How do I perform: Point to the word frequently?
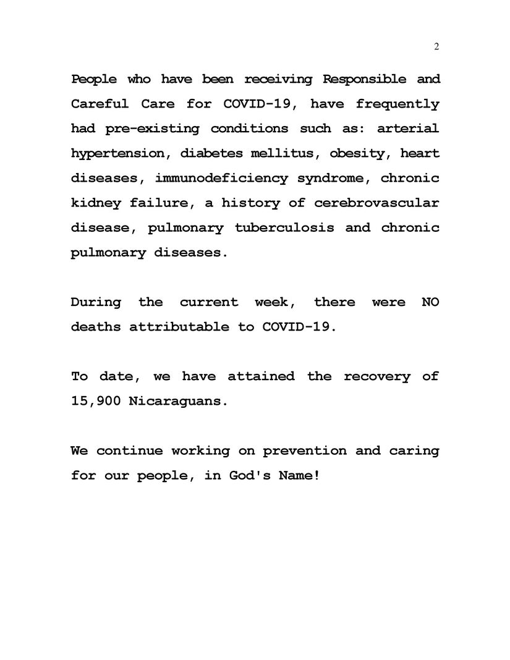point(397,104)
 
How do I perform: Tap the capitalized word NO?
point(430,302)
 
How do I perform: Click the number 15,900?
point(96,401)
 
